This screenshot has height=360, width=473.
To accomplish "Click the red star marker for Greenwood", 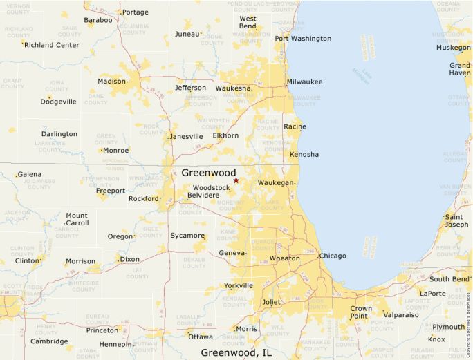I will coord(236,180).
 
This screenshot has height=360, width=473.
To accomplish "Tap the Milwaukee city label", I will coord(304,82).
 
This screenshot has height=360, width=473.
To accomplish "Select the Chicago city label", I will coord(333,256).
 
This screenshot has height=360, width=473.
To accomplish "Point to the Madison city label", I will coord(112,81).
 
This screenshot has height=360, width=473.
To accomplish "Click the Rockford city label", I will coord(144,198).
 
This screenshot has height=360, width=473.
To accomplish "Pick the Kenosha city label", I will coord(304,153).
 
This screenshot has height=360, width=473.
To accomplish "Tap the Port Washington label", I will coord(303,39).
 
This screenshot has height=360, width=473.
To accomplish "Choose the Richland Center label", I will coord(52,45).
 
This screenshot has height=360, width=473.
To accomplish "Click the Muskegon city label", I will coord(453,48).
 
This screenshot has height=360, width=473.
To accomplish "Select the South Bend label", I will coord(449,279).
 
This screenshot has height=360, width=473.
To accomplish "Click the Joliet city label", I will coord(272,302).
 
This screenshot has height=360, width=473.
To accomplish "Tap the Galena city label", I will coord(29,174).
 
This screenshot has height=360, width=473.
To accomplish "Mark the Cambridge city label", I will coord(49,341).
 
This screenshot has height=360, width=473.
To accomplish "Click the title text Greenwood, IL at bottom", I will coord(236,352).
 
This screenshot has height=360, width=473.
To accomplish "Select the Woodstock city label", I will coord(211,187).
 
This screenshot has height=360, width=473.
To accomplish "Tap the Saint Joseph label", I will coord(456,220).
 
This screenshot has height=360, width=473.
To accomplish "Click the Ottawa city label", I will coord(201,337).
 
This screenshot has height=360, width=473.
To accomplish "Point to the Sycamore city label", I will coord(187,236).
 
